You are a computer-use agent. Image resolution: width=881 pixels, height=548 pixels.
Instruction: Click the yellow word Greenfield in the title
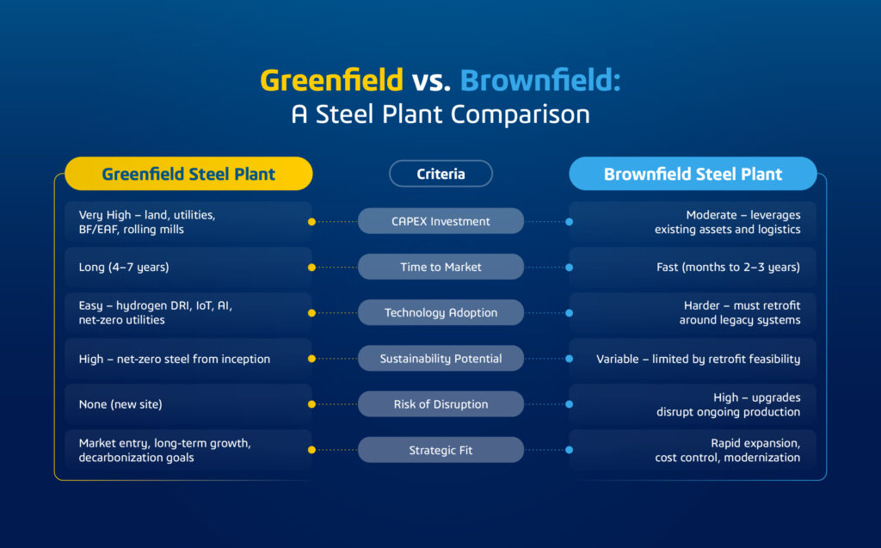(x=331, y=80)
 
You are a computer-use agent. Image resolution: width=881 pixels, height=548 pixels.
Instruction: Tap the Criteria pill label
(x=440, y=174)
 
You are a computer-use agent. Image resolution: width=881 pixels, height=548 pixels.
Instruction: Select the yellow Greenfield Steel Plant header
(x=188, y=174)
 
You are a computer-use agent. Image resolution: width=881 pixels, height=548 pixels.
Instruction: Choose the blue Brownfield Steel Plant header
(x=693, y=174)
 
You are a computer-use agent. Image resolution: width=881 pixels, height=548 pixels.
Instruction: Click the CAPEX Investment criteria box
(x=440, y=221)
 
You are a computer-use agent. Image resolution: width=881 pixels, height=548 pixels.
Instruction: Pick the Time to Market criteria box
(x=440, y=267)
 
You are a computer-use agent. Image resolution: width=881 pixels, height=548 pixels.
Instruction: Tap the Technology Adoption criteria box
(x=440, y=312)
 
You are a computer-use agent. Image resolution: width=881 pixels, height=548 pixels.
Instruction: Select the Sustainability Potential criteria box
(x=440, y=359)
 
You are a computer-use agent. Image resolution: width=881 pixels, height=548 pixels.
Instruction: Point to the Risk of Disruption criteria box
(x=440, y=404)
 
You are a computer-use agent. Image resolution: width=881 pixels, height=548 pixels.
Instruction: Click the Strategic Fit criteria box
(x=440, y=450)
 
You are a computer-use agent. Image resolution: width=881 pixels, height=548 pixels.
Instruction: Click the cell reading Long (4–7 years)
(x=188, y=267)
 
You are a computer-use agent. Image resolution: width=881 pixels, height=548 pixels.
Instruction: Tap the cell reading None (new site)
(x=188, y=404)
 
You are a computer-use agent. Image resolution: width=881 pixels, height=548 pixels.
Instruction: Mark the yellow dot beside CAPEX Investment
(x=311, y=221)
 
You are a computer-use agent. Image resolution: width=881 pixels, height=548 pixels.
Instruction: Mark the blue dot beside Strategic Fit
(x=570, y=450)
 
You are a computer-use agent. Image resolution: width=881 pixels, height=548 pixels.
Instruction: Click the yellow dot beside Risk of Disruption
(x=311, y=404)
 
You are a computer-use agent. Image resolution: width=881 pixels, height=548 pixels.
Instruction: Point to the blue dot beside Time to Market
(x=570, y=267)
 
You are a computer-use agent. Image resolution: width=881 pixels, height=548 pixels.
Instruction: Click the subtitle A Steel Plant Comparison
(x=440, y=114)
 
